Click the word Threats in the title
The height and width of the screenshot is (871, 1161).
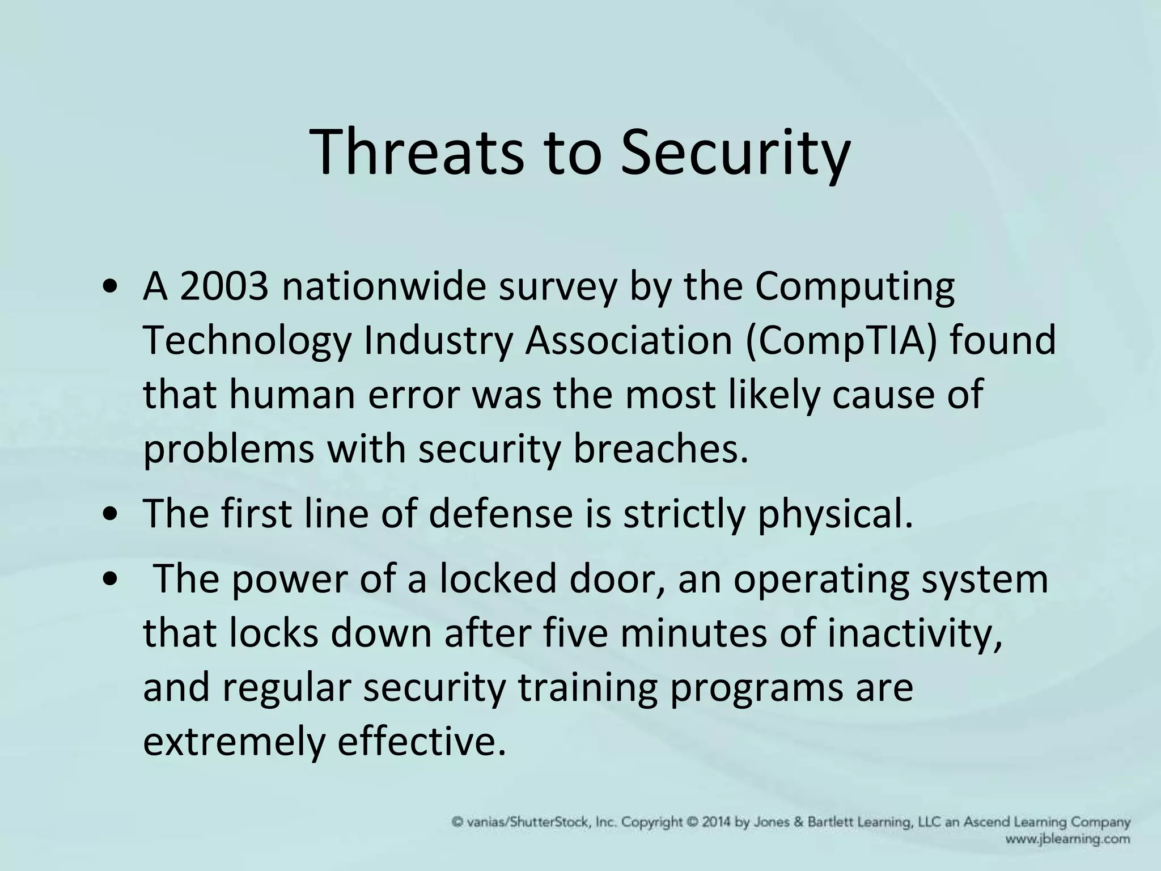(x=417, y=153)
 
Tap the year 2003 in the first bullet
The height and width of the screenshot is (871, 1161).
(x=223, y=286)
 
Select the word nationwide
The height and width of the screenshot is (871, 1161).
(x=384, y=286)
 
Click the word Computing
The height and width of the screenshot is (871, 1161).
(x=854, y=286)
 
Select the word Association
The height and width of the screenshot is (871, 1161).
(x=629, y=340)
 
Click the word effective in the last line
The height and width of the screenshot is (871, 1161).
(x=420, y=741)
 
